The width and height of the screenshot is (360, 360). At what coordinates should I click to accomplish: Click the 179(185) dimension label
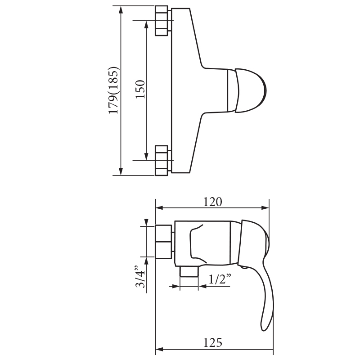(x=114, y=90)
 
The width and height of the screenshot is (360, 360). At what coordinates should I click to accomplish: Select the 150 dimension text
(x=140, y=89)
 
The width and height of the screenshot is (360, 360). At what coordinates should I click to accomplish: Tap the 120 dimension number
(x=212, y=202)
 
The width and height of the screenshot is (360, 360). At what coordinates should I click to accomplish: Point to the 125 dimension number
(x=212, y=343)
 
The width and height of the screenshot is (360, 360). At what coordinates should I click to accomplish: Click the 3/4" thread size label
(x=140, y=277)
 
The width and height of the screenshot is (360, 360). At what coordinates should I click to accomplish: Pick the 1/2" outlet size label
(x=220, y=279)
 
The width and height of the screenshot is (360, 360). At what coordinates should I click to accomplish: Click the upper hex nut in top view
(x=162, y=21)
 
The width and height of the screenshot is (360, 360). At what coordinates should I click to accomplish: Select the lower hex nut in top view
(x=162, y=161)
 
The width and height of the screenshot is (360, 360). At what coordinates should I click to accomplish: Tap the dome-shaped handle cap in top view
(x=251, y=90)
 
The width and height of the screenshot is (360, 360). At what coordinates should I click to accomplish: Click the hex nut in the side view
(x=163, y=242)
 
